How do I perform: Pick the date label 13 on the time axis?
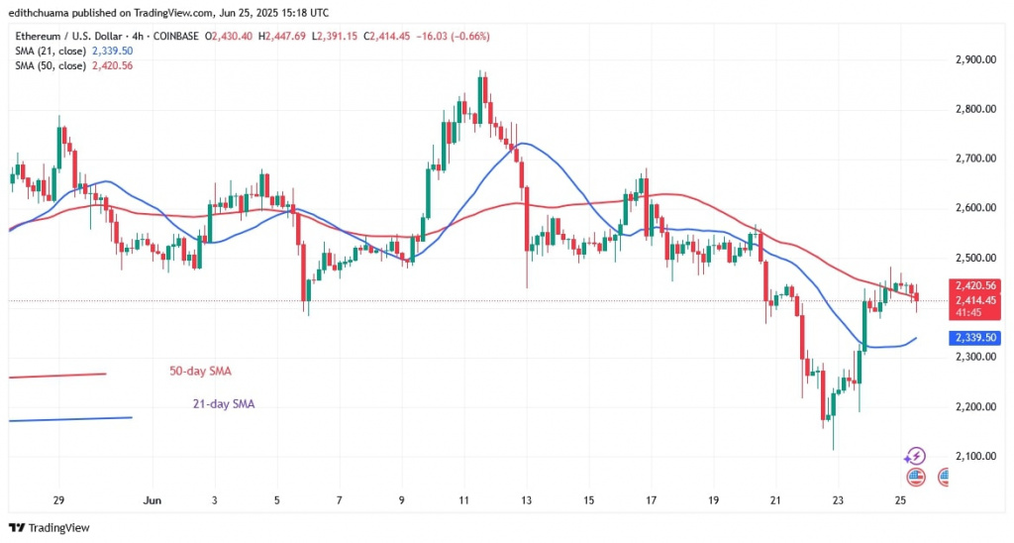click(x=527, y=499)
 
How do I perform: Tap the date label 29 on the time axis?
click(x=58, y=499)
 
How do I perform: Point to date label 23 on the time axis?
click(x=838, y=499)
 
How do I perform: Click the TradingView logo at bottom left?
click(x=49, y=527)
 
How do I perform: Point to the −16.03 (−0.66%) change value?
click(x=453, y=37)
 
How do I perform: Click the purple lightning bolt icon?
click(x=915, y=456)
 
